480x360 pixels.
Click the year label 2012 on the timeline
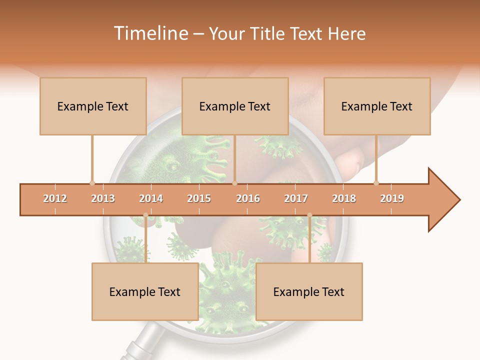[55, 198]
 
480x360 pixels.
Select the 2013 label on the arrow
[103, 198]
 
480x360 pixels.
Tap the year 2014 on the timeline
[151, 198]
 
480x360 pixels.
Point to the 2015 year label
[199, 198]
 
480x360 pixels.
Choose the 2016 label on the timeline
[248, 198]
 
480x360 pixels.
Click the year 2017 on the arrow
[296, 198]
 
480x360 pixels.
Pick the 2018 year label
[344, 198]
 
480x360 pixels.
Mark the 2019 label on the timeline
[392, 198]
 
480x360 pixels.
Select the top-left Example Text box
[93, 106]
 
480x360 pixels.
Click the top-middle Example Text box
[235, 106]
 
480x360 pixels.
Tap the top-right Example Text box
[377, 106]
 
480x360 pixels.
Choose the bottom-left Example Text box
[145, 291]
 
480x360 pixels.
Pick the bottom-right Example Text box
[309, 291]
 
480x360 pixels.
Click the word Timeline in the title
[150, 33]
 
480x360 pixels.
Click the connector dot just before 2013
[92, 183]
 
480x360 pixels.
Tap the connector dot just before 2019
[376, 183]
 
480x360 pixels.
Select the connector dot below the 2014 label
[145, 215]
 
